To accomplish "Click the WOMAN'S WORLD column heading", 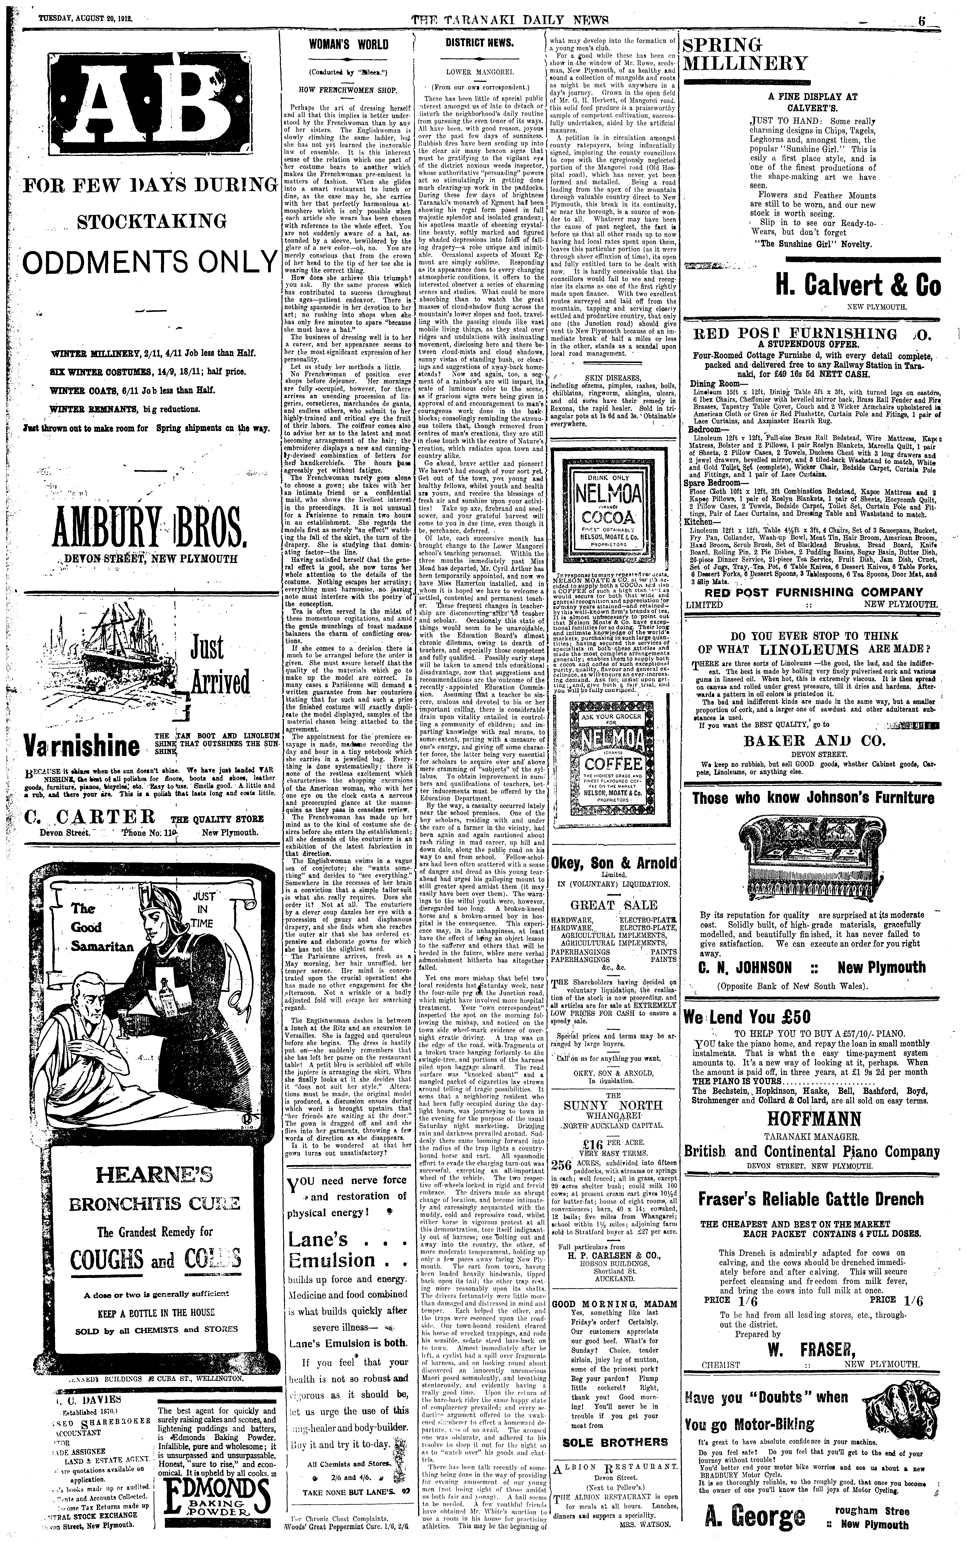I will click(348, 44).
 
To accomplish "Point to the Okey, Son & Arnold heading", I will click(614, 864).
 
